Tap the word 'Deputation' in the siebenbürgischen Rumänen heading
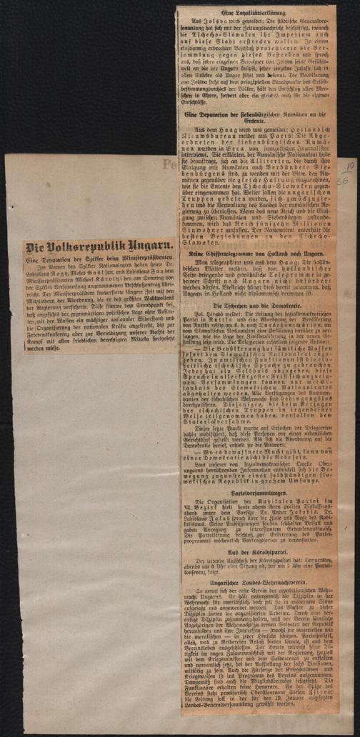(216, 114)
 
